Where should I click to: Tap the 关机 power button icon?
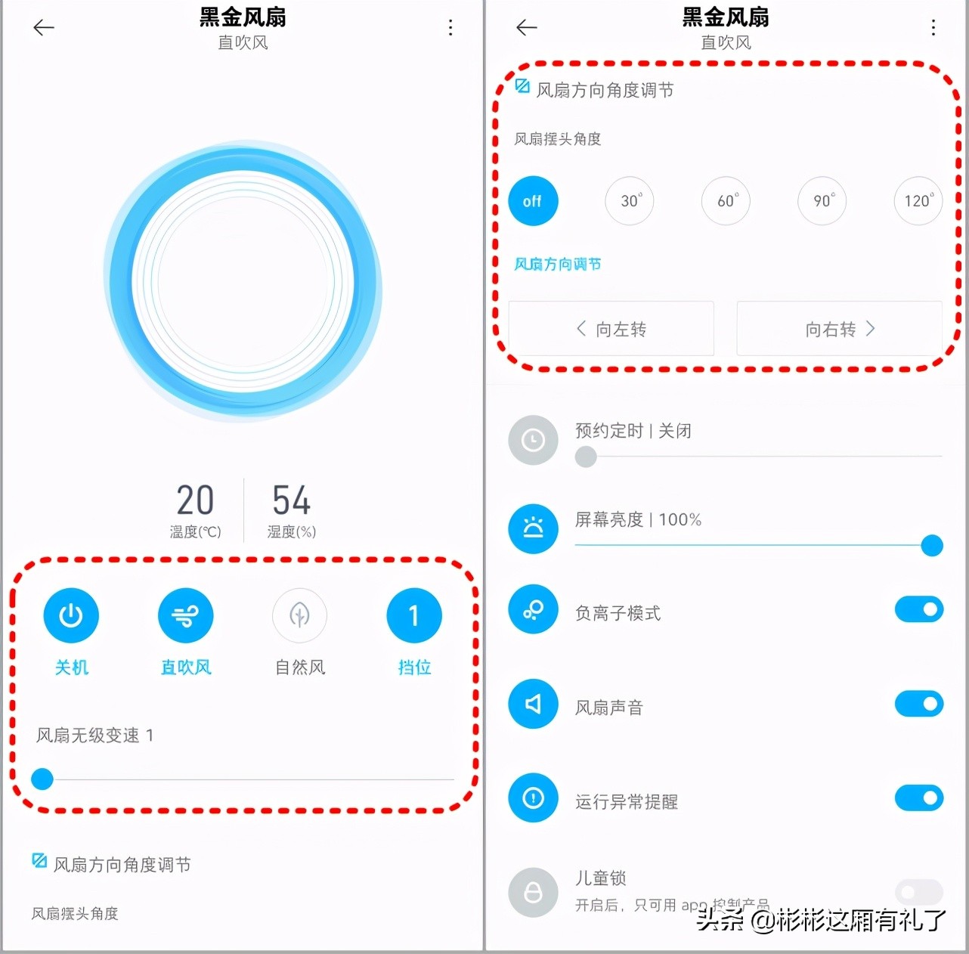click(71, 616)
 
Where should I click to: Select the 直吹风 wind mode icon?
click(185, 616)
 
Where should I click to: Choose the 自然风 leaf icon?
click(300, 616)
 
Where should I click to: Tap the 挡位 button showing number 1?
click(414, 616)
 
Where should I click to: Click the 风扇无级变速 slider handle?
click(42, 779)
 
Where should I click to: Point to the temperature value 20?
click(195, 500)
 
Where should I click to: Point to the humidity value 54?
click(291, 500)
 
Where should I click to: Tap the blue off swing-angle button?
click(533, 201)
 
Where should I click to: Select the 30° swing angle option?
click(630, 201)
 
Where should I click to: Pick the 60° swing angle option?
click(726, 201)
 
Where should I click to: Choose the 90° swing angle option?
click(822, 201)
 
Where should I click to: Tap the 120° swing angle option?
click(918, 201)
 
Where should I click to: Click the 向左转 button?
click(611, 329)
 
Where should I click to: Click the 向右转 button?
click(839, 329)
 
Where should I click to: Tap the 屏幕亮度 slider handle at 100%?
click(932, 545)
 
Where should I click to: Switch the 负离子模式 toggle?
click(919, 609)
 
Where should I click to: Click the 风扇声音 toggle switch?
click(919, 704)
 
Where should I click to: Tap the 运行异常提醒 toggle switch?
click(919, 798)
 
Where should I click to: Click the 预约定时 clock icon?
click(533, 440)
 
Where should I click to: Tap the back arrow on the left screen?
click(44, 28)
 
